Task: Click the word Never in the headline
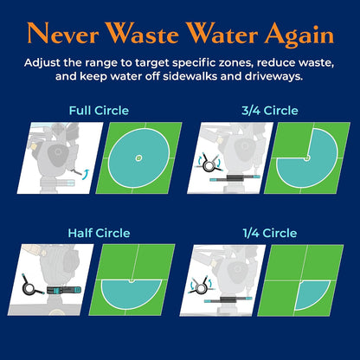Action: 63,33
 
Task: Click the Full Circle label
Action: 99,111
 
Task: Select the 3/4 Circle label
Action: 270,111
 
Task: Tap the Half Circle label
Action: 99,233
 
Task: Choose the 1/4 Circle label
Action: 270,233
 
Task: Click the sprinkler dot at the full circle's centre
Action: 139,157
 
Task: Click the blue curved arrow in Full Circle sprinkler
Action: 86,175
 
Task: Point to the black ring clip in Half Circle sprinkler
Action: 29,288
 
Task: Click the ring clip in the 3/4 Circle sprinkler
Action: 209,165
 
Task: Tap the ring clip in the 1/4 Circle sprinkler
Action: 201,287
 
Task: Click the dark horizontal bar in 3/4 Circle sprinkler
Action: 235,177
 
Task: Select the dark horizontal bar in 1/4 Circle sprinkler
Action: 228,299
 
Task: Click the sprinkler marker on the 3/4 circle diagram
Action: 307,157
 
